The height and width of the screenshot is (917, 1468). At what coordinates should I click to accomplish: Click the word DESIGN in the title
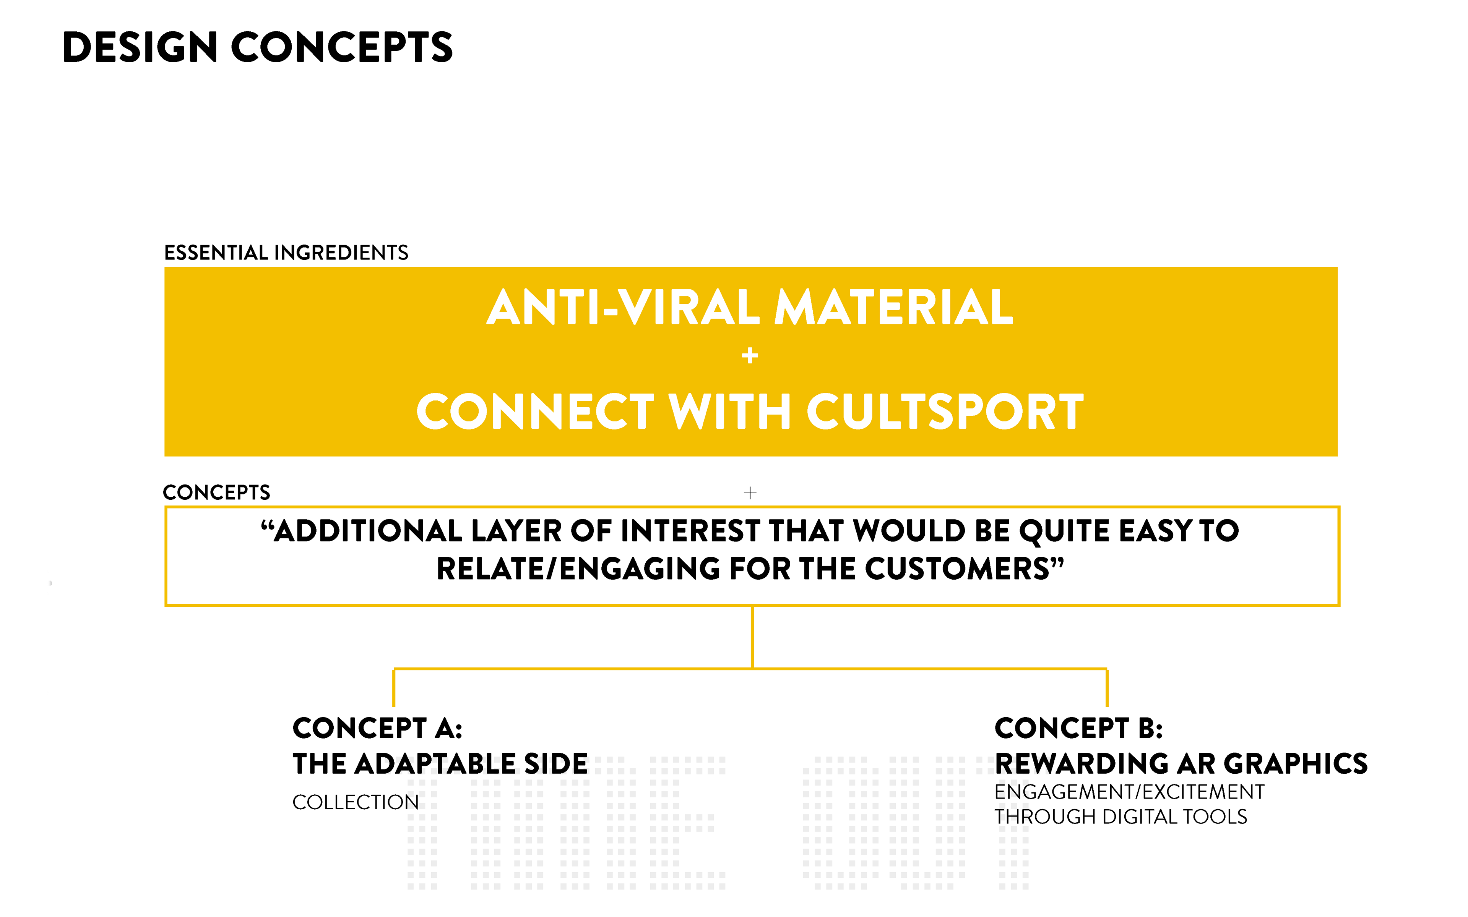tap(140, 47)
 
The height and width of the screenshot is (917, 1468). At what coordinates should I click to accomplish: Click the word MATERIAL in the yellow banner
tap(893, 308)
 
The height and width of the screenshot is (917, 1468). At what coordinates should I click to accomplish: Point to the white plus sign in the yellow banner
tap(750, 355)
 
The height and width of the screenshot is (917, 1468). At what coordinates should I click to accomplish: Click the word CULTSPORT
tap(945, 412)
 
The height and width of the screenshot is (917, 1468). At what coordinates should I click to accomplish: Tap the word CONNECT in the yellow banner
tap(535, 412)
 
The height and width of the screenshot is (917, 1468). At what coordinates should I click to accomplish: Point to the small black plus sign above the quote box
tap(750, 493)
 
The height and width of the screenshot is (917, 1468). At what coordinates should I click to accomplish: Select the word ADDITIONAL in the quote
tap(368, 531)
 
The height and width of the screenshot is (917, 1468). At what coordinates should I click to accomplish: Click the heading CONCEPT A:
tap(377, 728)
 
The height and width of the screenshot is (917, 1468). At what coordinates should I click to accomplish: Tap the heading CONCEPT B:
tap(1078, 728)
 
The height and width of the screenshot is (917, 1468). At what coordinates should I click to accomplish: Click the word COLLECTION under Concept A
tap(356, 802)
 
